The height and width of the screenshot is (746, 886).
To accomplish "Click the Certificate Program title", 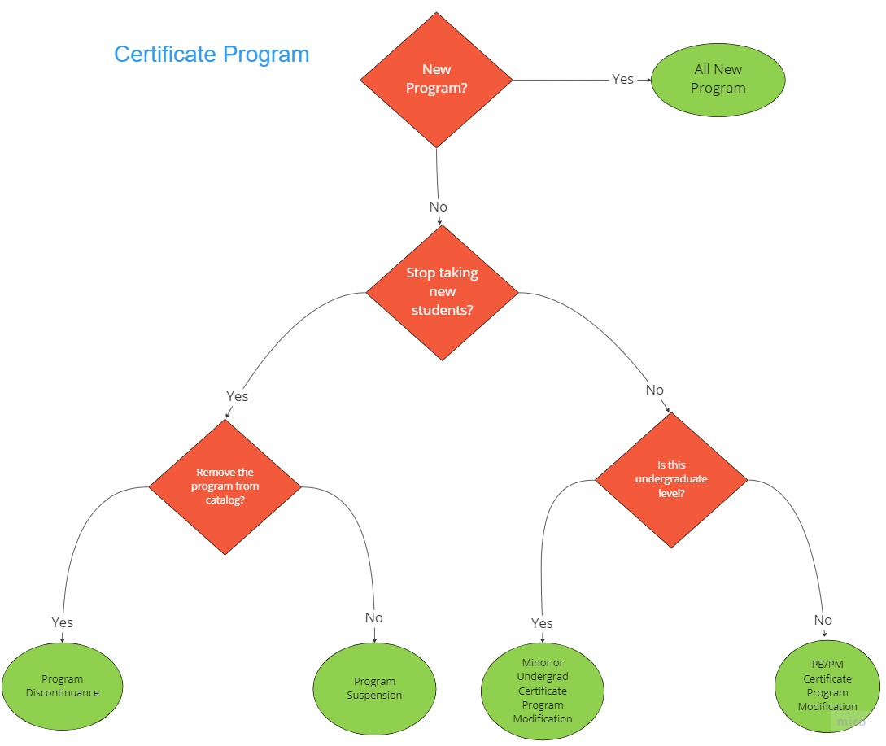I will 212,55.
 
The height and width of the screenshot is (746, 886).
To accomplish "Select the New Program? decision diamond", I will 437,79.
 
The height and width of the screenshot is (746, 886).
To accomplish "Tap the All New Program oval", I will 718,79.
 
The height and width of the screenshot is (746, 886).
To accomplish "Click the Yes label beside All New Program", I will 622,79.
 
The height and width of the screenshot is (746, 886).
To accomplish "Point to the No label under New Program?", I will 439,207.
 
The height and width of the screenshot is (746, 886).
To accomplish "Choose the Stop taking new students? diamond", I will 442,292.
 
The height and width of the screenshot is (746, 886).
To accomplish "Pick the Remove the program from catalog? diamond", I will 225,486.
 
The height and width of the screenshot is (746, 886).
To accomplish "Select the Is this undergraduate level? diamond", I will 671,479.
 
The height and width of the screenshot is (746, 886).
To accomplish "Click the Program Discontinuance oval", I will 62,686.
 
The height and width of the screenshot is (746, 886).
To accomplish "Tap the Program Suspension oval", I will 374,688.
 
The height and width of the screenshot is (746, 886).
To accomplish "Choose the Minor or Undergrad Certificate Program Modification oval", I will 543,691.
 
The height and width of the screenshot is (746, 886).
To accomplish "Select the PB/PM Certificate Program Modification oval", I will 827,686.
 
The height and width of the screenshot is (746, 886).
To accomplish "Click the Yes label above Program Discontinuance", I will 62,622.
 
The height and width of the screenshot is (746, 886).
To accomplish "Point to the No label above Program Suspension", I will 373,617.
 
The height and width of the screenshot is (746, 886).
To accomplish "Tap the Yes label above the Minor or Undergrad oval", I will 542,623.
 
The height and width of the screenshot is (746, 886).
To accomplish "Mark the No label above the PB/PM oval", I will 823,620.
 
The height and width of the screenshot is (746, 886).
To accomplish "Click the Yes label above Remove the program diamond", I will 237,396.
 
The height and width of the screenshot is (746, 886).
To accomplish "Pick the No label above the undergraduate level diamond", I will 655,390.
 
